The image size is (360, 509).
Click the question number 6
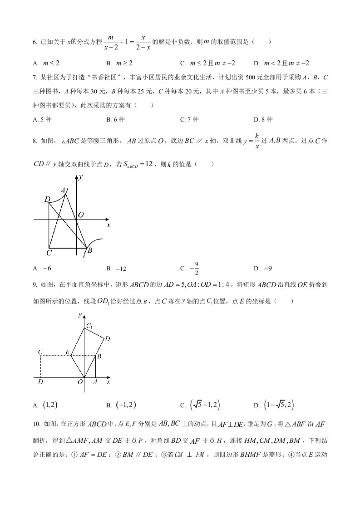(x=35, y=42)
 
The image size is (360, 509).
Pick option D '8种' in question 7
(x=263, y=119)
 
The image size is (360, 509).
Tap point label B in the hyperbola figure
(x=90, y=250)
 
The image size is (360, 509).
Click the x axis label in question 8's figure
(x=108, y=225)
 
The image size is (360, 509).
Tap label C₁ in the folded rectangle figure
(x=89, y=326)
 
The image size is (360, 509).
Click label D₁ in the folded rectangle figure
(x=108, y=338)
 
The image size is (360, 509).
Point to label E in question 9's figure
(x=67, y=352)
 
